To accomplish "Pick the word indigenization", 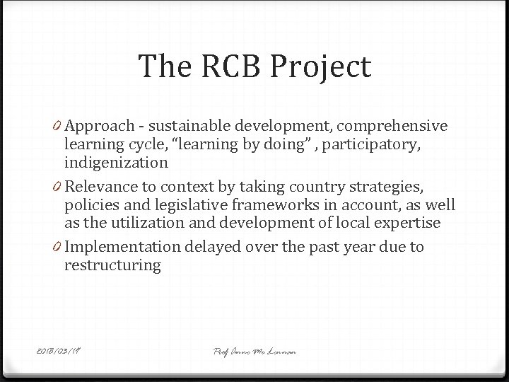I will [116, 163].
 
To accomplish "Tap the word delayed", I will [213, 247].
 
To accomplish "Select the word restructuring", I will [112, 265].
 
